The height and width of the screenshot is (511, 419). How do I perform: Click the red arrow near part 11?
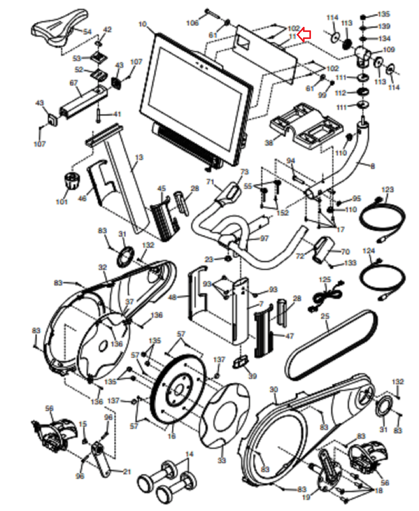coord(304,34)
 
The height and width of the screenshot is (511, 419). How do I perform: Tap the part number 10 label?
coord(143,24)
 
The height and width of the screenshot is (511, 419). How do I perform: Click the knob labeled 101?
coord(72,181)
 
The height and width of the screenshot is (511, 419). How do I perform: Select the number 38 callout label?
coord(269,143)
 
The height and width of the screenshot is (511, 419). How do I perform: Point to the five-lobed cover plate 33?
coord(224,415)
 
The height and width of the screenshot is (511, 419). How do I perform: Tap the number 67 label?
coord(74,83)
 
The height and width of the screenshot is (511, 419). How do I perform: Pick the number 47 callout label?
coord(289,336)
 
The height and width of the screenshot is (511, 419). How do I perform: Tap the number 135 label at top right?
coord(384,14)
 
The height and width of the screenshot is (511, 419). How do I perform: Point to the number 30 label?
coord(274,389)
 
